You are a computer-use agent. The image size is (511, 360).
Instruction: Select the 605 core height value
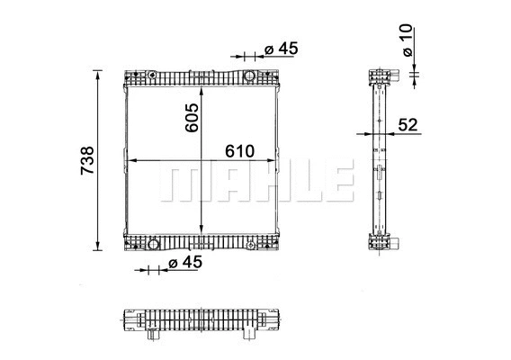[x=191, y=118]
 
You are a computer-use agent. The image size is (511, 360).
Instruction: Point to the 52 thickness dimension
[x=408, y=125]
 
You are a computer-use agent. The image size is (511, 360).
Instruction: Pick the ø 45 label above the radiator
[x=280, y=49]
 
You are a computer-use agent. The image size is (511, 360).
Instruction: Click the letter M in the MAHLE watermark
[x=183, y=182]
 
